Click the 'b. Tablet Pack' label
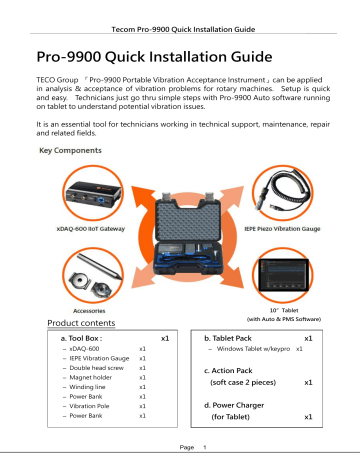coord(231,340)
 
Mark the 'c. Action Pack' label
coord(232,369)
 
